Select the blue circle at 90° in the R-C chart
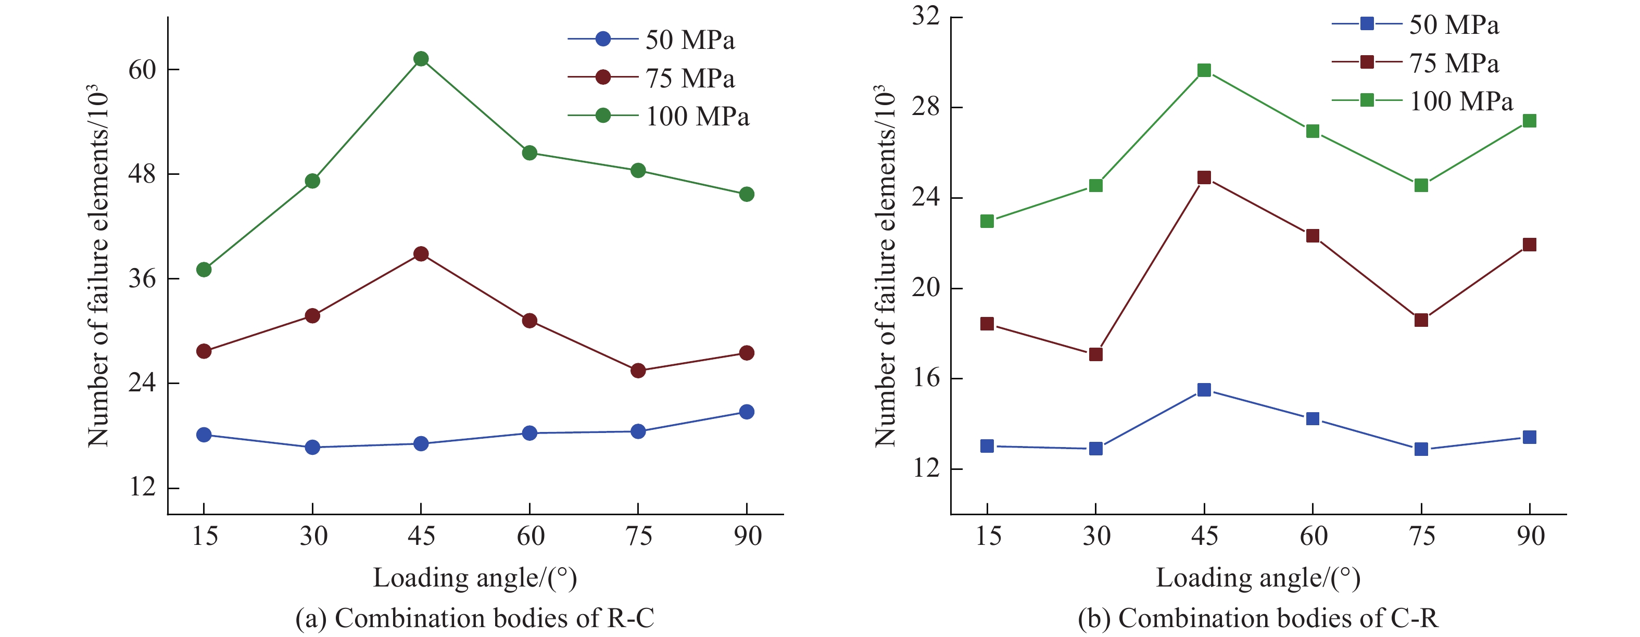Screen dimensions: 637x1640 (x=747, y=412)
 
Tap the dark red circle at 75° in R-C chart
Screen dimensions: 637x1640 (x=638, y=371)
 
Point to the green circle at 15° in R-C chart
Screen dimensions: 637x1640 (x=204, y=270)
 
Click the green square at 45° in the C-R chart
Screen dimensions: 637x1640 (x=1204, y=71)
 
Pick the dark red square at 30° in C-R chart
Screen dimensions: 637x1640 (x=1095, y=354)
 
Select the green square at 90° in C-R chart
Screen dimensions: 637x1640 (x=1529, y=121)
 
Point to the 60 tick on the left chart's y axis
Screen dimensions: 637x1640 (x=143, y=69)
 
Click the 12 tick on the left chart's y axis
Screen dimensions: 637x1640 (x=143, y=488)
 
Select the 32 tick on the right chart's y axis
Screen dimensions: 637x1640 (x=926, y=16)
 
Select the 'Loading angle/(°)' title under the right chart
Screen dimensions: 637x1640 (x=1258, y=578)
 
